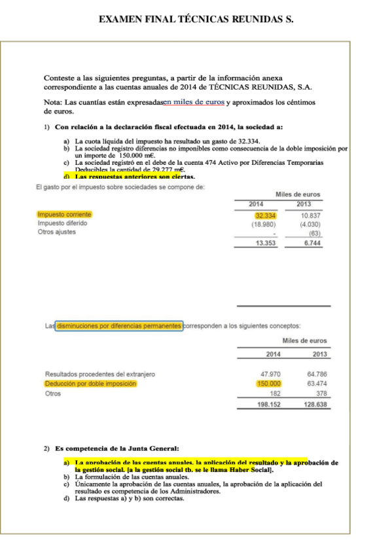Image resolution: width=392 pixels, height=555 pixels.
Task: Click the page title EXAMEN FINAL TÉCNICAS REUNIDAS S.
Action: click(196, 19)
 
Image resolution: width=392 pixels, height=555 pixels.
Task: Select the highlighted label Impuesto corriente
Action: click(65, 215)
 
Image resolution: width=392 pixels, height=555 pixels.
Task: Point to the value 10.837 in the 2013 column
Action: click(310, 215)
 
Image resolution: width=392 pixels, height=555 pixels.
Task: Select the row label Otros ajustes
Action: click(56, 232)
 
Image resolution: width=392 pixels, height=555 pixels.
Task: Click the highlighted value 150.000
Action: click(268, 384)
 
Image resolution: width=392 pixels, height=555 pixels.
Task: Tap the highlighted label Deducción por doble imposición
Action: click(90, 384)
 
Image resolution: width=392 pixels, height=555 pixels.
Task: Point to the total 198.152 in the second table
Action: click(268, 404)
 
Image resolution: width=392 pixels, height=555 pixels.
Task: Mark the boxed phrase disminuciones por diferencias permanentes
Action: click(118, 325)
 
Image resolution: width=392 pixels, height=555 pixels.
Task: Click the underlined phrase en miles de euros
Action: click(194, 102)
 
